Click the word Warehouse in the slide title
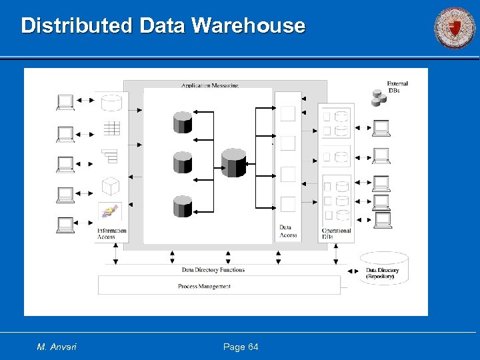coord(248,25)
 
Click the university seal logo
coord(455,29)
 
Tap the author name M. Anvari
coord(57,347)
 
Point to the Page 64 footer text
coord(241,347)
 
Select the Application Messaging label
coord(209,85)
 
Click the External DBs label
coord(397,87)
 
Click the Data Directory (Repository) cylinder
coord(383,269)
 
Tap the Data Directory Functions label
coord(213,270)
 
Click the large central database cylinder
coord(233,163)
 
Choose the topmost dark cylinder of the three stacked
coord(183,122)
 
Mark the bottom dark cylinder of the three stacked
coord(183,205)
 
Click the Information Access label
coord(111,234)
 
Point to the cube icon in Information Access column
coord(110,185)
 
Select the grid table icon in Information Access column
coord(111,128)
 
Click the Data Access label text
coord(288,231)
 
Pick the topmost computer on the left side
coord(65,102)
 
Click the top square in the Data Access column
coord(287,114)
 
